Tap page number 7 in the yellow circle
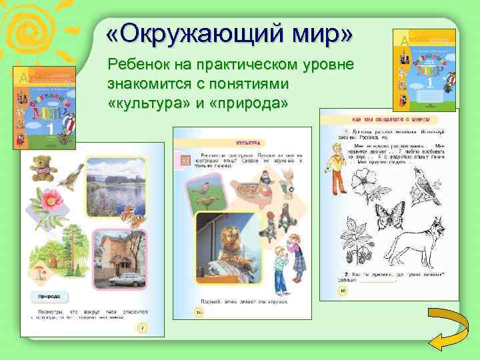(141, 327)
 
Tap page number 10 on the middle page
(198, 311)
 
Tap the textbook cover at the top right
(425, 71)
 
